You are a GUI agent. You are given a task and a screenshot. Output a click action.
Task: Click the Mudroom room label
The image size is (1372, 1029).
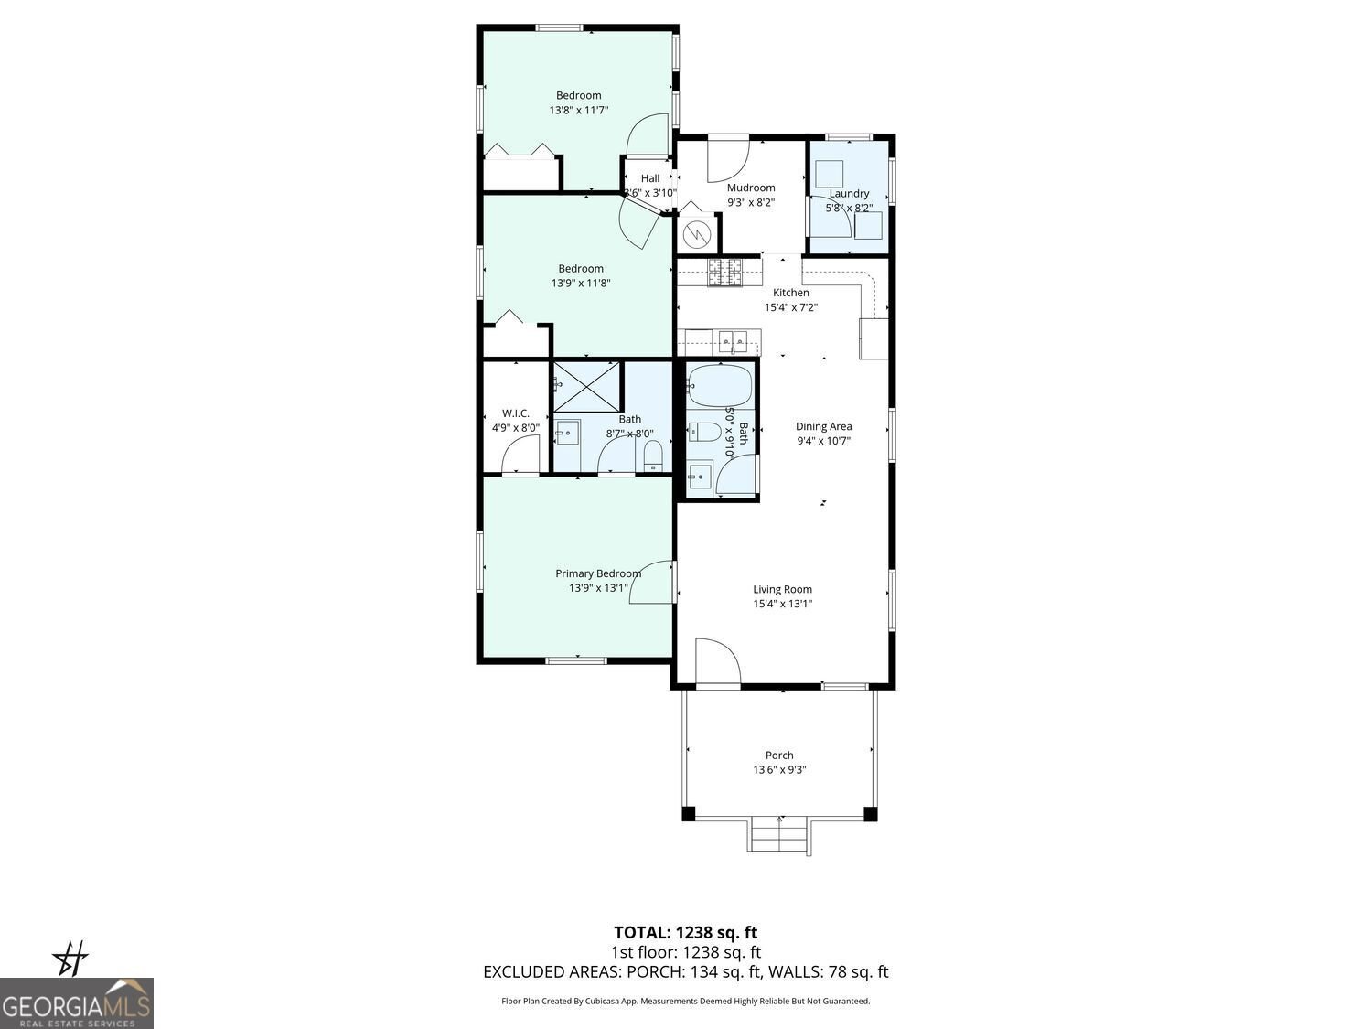(750, 188)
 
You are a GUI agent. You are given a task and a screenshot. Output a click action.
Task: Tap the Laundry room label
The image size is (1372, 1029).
(849, 194)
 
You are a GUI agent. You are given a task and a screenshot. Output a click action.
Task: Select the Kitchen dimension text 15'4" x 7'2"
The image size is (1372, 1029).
(791, 307)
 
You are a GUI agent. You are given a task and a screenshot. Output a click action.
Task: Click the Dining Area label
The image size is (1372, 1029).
(823, 426)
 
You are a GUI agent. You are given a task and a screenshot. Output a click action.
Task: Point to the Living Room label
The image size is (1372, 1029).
(782, 590)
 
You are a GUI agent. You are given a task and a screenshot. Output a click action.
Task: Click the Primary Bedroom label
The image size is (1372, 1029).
(598, 573)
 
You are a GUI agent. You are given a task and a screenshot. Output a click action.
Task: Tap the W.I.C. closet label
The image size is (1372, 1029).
(516, 413)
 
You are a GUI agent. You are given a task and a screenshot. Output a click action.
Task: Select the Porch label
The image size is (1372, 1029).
(779, 756)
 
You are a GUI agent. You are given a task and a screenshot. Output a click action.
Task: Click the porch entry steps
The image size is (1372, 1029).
(780, 835)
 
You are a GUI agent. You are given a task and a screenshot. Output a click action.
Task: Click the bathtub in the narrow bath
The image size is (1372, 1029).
(720, 386)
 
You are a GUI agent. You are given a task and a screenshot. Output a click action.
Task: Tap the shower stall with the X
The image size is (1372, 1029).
(586, 386)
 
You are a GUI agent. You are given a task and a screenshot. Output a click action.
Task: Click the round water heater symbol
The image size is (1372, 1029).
(696, 234)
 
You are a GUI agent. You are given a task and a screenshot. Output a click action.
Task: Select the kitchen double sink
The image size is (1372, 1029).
(736, 342)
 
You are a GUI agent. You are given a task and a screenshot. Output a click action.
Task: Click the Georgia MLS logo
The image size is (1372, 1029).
(76, 1003)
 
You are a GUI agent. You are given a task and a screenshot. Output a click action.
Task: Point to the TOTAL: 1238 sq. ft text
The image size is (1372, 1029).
(685, 933)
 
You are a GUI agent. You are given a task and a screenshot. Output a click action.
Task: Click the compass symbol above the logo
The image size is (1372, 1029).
(70, 959)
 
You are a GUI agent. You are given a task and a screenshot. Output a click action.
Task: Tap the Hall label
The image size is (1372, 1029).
(649, 178)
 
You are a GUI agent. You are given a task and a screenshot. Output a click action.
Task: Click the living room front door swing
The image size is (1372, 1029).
(716, 660)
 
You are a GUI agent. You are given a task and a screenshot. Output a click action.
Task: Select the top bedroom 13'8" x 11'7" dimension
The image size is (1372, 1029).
(579, 110)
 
